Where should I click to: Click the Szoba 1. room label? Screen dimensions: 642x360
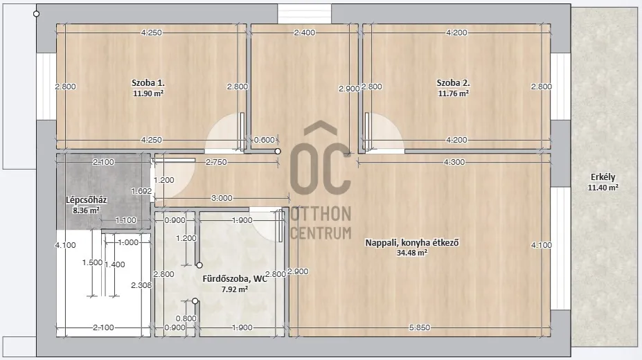pyautogui.click(x=148, y=82)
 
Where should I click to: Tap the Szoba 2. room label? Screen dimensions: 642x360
pyautogui.click(x=453, y=82)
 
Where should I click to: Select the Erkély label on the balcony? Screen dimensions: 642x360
pyautogui.click(x=603, y=177)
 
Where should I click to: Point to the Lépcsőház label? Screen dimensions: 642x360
pyautogui.click(x=87, y=200)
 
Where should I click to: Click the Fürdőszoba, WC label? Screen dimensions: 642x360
pyautogui.click(x=235, y=279)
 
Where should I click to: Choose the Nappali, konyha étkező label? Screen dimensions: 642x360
pyautogui.click(x=412, y=242)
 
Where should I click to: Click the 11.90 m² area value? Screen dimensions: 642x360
pyautogui.click(x=148, y=93)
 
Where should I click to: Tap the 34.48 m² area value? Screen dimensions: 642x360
pyautogui.click(x=412, y=253)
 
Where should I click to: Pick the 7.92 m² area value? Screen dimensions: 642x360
pyautogui.click(x=235, y=289)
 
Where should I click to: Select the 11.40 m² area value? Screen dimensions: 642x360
pyautogui.click(x=603, y=188)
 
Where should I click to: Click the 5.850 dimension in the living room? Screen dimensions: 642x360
pyautogui.click(x=420, y=327)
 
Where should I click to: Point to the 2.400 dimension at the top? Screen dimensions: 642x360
pyautogui.click(x=305, y=33)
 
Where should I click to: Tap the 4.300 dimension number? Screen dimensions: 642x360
pyautogui.click(x=454, y=163)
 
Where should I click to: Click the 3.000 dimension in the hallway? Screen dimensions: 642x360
pyautogui.click(x=222, y=199)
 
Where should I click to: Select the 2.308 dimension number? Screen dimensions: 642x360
pyautogui.click(x=141, y=285)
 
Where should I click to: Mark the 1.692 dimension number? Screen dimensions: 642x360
pyautogui.click(x=141, y=191)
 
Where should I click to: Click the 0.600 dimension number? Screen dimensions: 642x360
pyautogui.click(x=264, y=141)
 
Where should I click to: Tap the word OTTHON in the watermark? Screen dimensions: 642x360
pyautogui.click(x=321, y=214)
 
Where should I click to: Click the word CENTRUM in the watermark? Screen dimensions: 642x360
pyautogui.click(x=321, y=233)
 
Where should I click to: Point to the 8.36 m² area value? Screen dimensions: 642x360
pyautogui.click(x=87, y=210)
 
